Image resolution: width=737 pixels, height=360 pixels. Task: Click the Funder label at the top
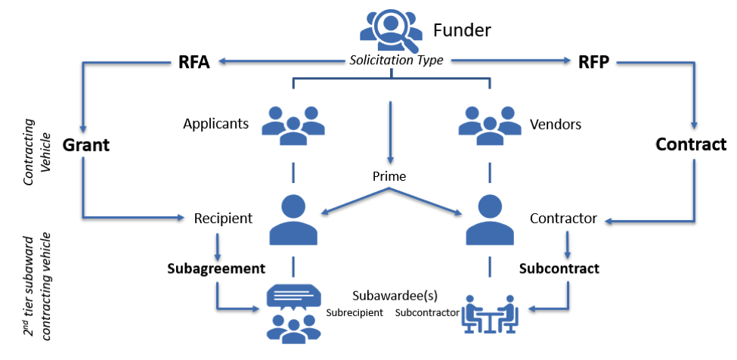462,30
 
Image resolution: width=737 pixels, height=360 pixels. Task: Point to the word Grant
85,144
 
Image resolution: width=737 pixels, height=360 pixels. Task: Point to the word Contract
690,144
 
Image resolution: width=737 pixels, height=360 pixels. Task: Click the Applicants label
215,123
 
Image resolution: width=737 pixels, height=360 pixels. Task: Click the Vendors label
556,123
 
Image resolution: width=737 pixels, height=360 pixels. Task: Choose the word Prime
389,176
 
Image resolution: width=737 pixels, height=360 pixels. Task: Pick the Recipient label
223,219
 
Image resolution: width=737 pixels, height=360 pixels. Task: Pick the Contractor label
563,219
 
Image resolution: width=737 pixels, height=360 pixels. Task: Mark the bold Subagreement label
216,268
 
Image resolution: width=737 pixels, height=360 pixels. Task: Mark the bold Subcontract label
559,268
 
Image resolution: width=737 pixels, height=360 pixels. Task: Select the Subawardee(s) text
395,294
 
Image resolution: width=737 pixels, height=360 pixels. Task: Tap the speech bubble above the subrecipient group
293,296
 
